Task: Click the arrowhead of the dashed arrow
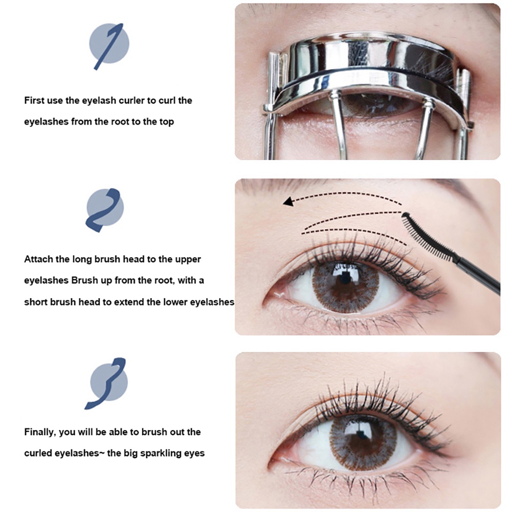pos(288,202)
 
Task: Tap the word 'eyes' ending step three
pos(195,453)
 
